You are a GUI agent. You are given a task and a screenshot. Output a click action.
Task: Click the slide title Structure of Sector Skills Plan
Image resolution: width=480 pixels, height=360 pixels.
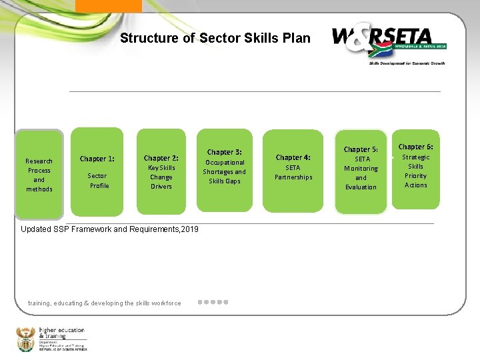click(x=215, y=38)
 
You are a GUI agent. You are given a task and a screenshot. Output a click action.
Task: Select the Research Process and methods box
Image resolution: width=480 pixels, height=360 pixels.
click(x=39, y=175)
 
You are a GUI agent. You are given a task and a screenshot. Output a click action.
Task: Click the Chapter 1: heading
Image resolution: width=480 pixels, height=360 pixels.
click(x=97, y=159)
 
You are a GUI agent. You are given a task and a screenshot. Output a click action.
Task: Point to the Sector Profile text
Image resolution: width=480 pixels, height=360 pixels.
click(x=99, y=181)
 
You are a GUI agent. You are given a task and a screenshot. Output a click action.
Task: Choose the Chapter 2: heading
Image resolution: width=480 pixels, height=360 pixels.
click(x=161, y=158)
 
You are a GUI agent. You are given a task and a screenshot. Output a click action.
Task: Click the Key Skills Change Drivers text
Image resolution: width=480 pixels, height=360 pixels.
click(x=161, y=177)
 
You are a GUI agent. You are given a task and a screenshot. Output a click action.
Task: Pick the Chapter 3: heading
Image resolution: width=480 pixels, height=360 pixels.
click(x=224, y=152)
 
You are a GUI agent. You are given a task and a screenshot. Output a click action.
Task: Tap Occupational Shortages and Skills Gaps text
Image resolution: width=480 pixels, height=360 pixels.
click(x=224, y=172)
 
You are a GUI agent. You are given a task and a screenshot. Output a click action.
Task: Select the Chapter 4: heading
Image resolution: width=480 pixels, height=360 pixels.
click(x=293, y=157)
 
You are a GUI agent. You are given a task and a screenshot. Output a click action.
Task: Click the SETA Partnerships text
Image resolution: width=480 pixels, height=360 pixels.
click(x=293, y=173)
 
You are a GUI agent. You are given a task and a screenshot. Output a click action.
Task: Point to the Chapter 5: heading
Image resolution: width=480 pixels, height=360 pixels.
click(x=361, y=149)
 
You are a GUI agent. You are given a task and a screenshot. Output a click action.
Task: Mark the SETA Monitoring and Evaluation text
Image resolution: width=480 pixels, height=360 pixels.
click(x=361, y=173)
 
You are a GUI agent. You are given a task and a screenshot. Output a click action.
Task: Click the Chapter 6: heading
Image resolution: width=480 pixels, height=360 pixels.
click(x=415, y=147)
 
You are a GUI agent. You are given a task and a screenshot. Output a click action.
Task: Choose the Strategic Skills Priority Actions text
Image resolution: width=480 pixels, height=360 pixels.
click(x=415, y=171)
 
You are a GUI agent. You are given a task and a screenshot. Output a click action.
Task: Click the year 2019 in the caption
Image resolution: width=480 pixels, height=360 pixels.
click(x=189, y=229)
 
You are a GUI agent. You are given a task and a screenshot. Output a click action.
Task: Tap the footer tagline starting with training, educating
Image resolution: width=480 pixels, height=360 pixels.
click(x=104, y=303)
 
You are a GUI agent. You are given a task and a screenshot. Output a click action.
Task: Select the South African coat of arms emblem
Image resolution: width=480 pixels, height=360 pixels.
click(x=25, y=339)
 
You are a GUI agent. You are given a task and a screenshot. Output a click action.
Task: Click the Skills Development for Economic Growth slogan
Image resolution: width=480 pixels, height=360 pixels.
click(x=407, y=63)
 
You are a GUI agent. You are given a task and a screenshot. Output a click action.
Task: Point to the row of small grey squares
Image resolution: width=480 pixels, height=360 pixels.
click(x=213, y=302)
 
